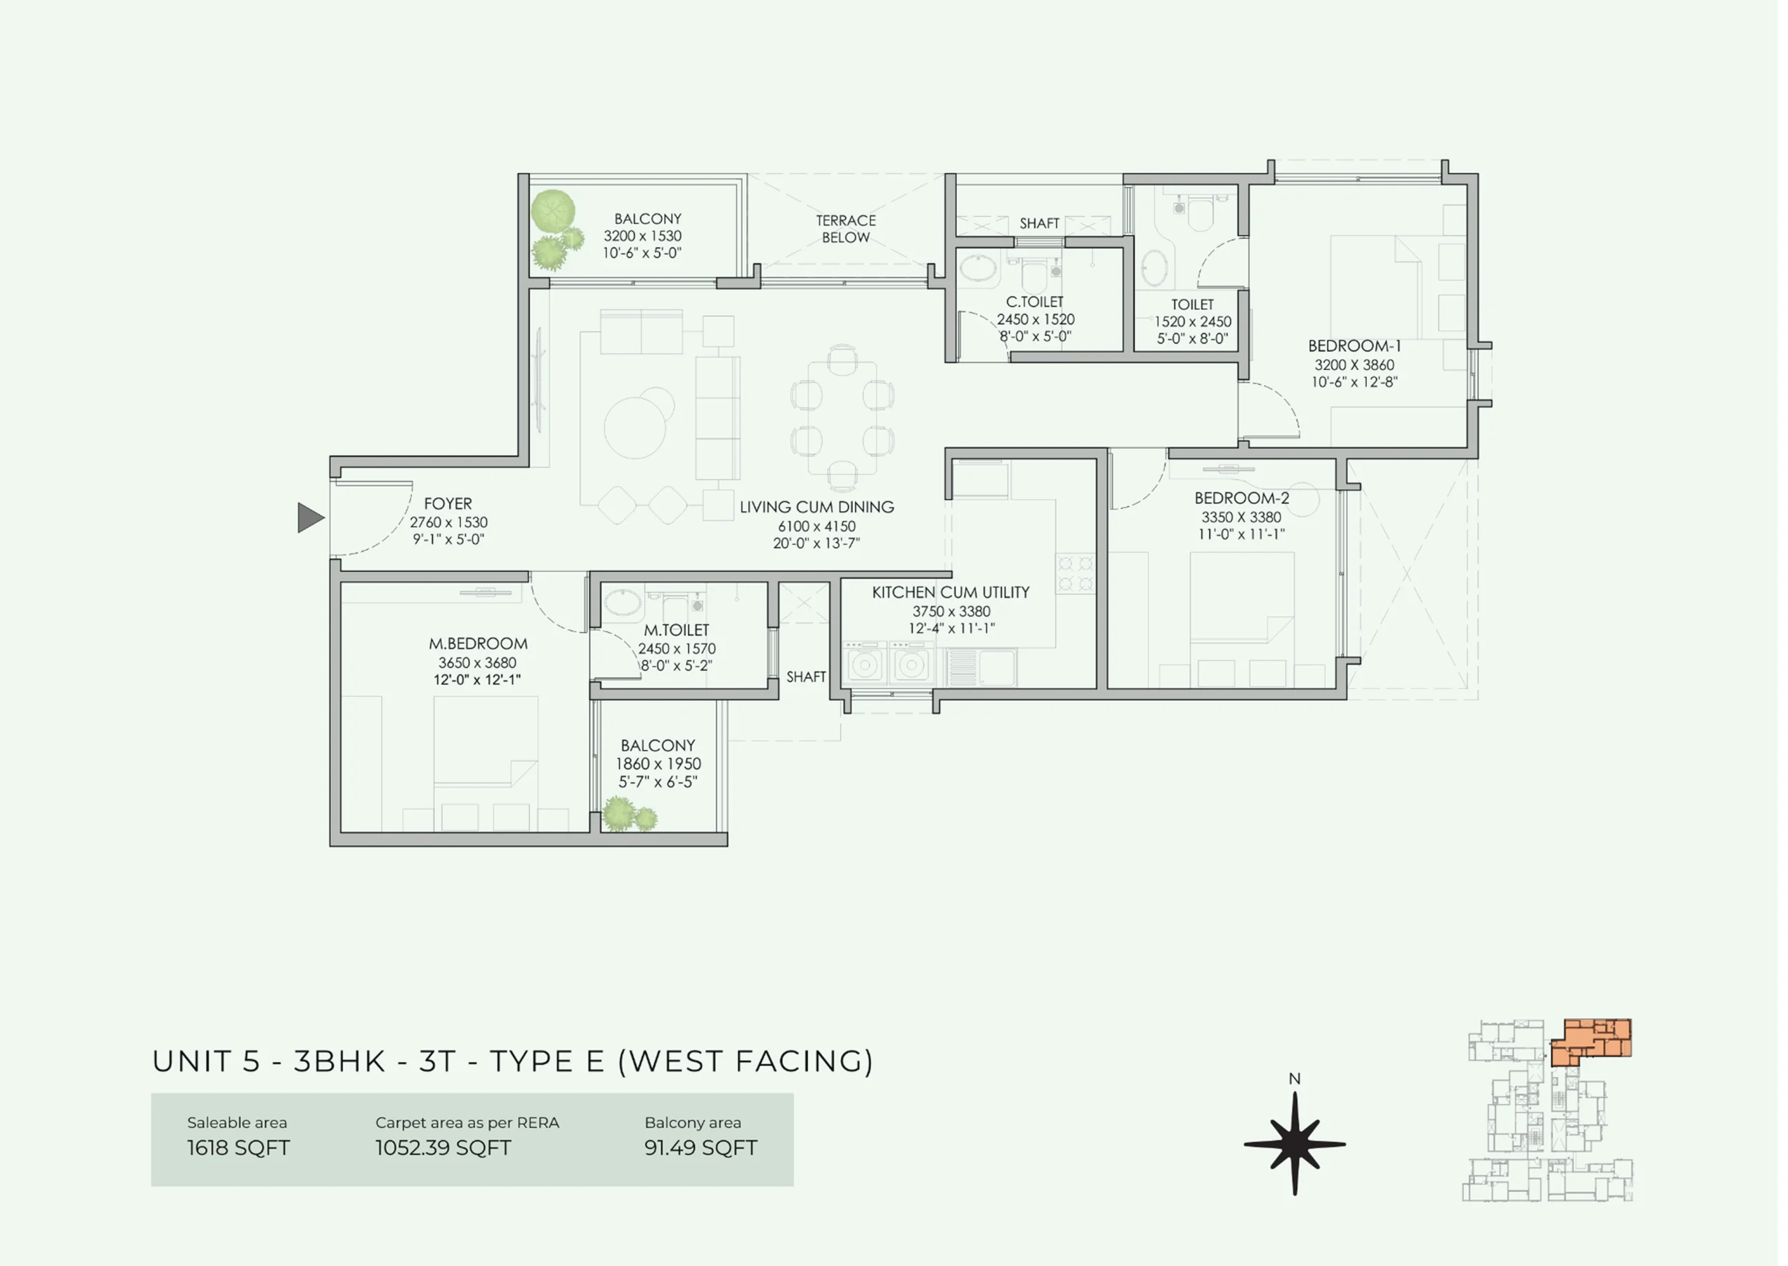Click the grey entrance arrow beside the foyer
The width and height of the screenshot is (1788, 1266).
[x=310, y=517]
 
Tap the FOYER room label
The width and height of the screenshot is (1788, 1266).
[x=448, y=504]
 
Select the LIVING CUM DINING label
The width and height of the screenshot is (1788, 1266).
[x=817, y=508]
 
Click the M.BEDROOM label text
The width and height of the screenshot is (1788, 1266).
[x=478, y=644]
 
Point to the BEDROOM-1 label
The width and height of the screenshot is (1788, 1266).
[x=1354, y=346]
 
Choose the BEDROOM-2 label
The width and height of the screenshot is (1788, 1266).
[x=1241, y=498]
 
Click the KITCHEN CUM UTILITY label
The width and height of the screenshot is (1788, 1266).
[x=951, y=592]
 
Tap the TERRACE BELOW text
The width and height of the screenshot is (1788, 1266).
[x=846, y=229]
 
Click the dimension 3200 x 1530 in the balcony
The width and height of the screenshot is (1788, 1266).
[x=643, y=236]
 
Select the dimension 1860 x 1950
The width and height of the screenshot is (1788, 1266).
[x=658, y=764]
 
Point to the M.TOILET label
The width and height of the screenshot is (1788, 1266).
[x=677, y=630]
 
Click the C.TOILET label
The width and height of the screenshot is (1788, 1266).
[x=1035, y=302]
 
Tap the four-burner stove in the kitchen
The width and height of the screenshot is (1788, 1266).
[x=1076, y=573]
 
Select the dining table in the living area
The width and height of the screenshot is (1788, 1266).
[x=842, y=418]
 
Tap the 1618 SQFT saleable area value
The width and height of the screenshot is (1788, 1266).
[x=239, y=1148]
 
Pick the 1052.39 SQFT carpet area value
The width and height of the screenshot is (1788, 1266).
[x=443, y=1148]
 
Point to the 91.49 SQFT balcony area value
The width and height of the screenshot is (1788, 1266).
[x=701, y=1148]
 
